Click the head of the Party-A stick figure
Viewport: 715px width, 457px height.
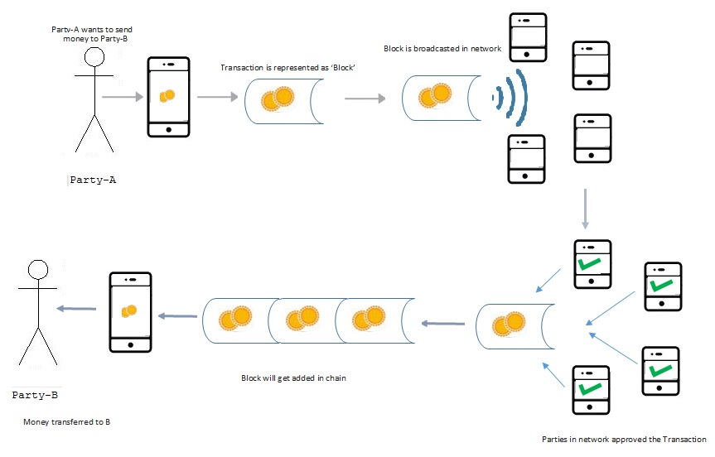(94, 58)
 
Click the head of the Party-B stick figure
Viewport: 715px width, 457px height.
(36, 270)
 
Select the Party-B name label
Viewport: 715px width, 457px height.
(35, 395)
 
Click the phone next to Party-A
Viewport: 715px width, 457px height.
(168, 97)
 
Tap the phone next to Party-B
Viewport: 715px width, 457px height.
(131, 311)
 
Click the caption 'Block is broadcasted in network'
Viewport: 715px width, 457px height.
(442, 49)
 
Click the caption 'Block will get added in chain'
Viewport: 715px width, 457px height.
(293, 378)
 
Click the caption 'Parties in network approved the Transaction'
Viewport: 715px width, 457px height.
(623, 439)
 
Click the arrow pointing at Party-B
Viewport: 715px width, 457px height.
(75, 308)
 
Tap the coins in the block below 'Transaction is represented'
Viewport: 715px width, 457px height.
(278, 99)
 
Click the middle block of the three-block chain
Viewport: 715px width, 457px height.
(301, 319)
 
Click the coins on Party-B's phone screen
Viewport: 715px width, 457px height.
(128, 310)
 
